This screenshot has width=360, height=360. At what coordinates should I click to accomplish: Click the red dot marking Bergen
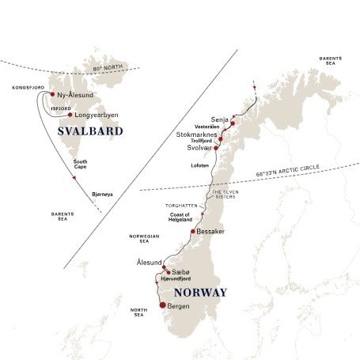(163, 305)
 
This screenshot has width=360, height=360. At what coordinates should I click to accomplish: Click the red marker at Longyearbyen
(70, 114)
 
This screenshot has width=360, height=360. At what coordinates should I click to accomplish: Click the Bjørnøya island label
(103, 192)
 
